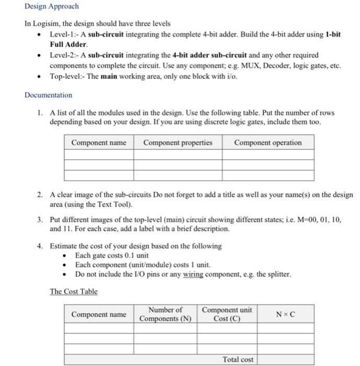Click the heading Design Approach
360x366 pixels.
point(51,6)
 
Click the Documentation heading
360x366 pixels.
point(48,95)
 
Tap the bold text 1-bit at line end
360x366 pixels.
point(332,35)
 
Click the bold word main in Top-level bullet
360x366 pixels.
point(109,76)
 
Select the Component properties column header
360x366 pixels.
point(178,143)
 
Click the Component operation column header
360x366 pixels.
point(268,143)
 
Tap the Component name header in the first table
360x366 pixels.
point(99,143)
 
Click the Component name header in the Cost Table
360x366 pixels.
point(99,314)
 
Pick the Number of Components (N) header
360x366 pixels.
point(165,314)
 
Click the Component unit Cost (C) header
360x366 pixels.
point(227,314)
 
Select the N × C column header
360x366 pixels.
point(285,314)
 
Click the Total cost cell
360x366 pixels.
point(238,359)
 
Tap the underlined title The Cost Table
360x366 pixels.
point(73,291)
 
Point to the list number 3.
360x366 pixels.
point(40,220)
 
